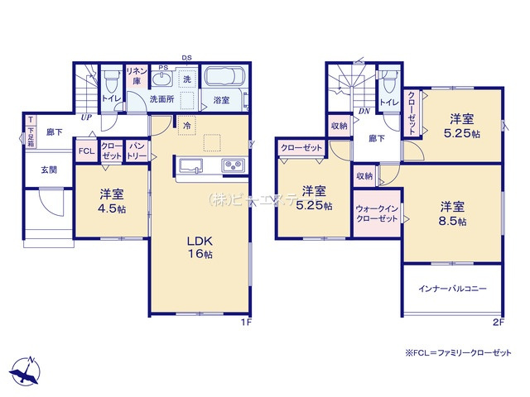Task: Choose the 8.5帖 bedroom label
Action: point(452,213)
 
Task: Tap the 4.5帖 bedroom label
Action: point(113,202)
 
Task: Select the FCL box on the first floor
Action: point(86,151)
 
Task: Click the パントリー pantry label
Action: point(137,151)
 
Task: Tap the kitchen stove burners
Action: point(233,165)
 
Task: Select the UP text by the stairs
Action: point(86,117)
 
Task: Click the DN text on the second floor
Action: point(364,112)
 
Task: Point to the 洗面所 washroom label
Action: point(161,99)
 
